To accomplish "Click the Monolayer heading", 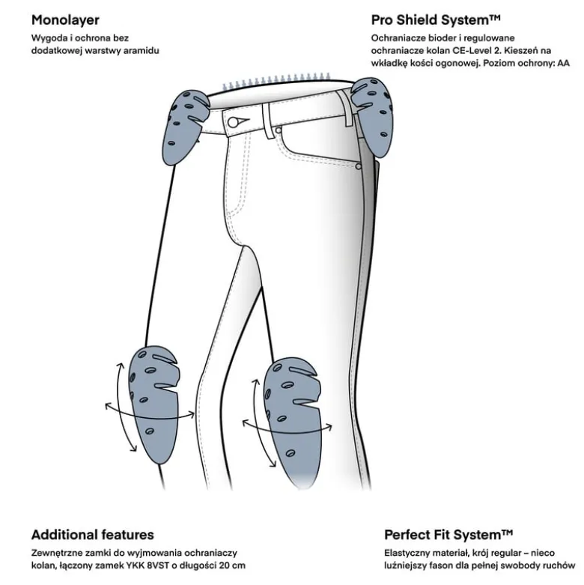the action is tap(65, 20).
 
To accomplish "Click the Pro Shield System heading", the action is tap(436, 19).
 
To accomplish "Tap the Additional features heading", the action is tap(93, 535).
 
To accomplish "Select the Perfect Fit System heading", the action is tap(448, 535).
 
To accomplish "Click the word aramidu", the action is tap(141, 50).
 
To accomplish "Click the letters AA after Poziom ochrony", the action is tap(564, 63).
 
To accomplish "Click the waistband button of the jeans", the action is tap(233, 122).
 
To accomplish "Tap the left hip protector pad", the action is tap(185, 126).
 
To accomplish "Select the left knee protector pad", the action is tap(153, 404).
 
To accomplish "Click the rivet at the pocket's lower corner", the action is tap(359, 166).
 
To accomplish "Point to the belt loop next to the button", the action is tap(268, 121).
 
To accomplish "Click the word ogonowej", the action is tap(460, 64).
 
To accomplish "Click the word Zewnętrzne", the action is tap(55, 553).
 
